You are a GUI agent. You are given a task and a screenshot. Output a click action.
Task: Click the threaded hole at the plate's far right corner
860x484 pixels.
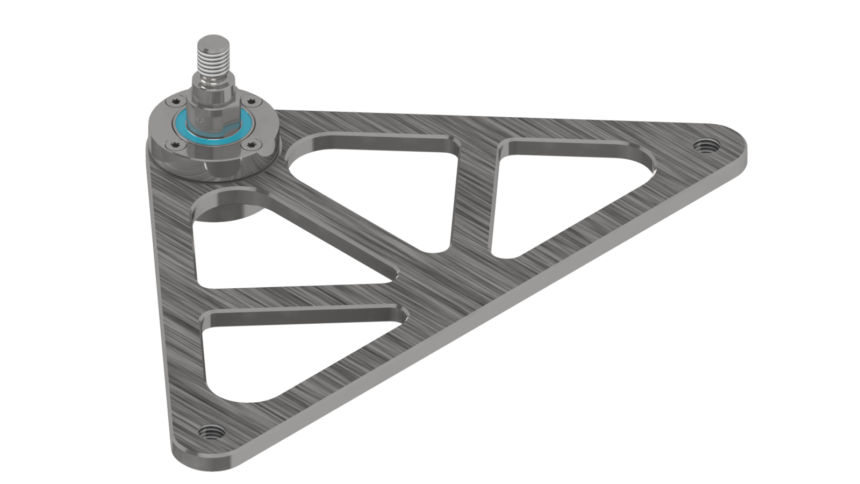[702, 145]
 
